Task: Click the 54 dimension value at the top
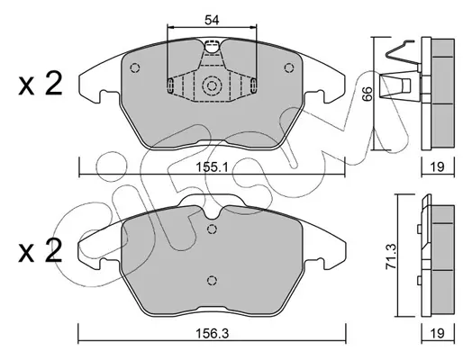pos(212,20)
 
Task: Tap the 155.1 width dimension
pos(212,166)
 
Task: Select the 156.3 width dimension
pos(212,333)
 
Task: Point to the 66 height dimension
pos(368,94)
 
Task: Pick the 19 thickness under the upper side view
pos(437,166)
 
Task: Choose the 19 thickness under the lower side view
pos(438,333)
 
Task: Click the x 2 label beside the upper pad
pos(41,84)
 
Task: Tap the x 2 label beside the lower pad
pos(41,250)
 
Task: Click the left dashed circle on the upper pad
pos(134,67)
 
